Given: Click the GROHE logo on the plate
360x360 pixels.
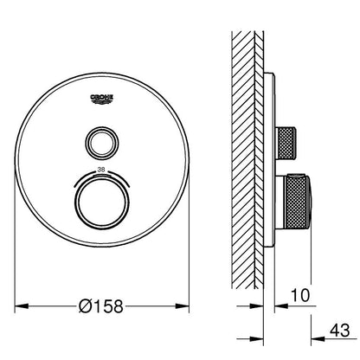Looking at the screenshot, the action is pos(102,99).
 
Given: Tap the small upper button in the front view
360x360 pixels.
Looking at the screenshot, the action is pos(101,142).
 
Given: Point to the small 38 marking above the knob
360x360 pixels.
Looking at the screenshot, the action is pos(101,170).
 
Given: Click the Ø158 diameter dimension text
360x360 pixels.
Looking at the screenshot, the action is pos(101,306).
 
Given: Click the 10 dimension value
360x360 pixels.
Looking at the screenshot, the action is pos(300,295).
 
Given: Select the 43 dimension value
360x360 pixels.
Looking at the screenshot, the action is pos(339,330).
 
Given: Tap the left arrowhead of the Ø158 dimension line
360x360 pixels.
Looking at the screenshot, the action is pos(22,305).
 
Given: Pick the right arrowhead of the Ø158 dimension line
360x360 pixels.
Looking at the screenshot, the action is pos(182,305).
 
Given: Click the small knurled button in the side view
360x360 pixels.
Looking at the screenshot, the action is pos(286,143).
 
